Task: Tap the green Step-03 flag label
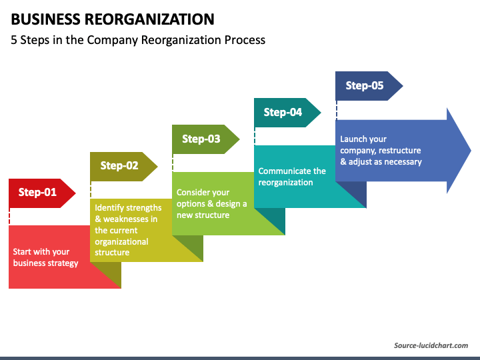click(x=202, y=139)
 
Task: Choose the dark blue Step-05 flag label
click(x=365, y=86)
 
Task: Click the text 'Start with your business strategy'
click(x=45, y=257)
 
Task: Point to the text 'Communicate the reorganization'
click(x=292, y=177)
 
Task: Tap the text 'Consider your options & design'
click(x=211, y=204)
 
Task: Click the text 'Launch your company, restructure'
click(x=380, y=150)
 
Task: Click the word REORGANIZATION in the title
click(x=149, y=19)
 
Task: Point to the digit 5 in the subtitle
click(x=14, y=40)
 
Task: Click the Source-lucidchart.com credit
click(x=431, y=345)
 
